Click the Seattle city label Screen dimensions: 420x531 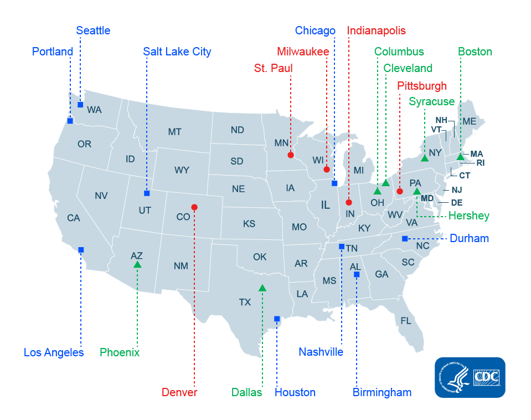[x=93, y=30]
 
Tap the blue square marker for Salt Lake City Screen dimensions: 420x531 [x=147, y=193]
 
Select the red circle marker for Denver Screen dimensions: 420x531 [x=194, y=207]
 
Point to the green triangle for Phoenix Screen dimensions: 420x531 [x=137, y=265]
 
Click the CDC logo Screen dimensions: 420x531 [x=470, y=377]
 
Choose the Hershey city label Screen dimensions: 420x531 [x=468, y=216]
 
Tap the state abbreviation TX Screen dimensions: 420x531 [x=245, y=303]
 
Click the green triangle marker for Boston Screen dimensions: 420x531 [x=460, y=157]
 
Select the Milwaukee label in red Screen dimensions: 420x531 [x=303, y=52]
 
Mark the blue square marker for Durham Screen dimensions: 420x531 [x=404, y=239]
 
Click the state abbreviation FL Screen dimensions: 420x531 [x=406, y=321]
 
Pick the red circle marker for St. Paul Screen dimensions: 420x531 [x=291, y=155]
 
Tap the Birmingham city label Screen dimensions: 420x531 [x=382, y=392]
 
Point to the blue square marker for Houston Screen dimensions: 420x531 [x=277, y=319]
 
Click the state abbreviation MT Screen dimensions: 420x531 [x=174, y=132]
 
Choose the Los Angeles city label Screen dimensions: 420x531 [x=54, y=352]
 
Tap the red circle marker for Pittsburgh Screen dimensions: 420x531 [x=399, y=192]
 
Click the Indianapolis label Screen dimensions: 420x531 [x=376, y=30]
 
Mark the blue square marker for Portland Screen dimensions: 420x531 [x=70, y=121]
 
